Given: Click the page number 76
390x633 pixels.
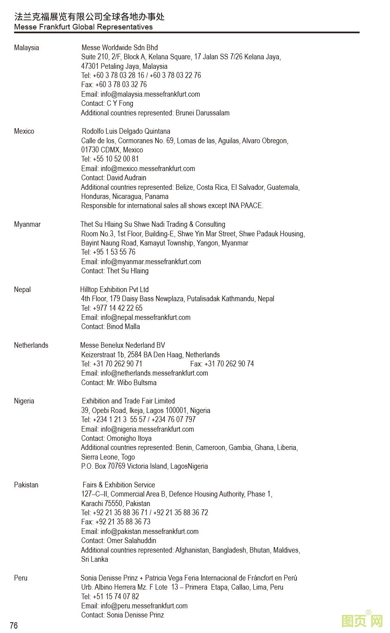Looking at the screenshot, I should pos(14,625).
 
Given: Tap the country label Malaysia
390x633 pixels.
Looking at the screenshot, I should pos(26,48).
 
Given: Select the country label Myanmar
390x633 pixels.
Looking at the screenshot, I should pos(27,224).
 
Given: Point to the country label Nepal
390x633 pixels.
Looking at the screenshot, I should pos(22,290).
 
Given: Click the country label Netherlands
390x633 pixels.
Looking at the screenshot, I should pos(31,345).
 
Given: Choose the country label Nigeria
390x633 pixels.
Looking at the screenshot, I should pos(24,401).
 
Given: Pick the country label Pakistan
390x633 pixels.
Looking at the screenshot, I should pos(26,485).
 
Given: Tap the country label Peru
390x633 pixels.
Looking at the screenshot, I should pos(21,578).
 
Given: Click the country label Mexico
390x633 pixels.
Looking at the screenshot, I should pos(24,131).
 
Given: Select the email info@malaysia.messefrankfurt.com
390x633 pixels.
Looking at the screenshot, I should pos(150,94).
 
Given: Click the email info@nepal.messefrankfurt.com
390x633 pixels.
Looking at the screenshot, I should pos(146,317).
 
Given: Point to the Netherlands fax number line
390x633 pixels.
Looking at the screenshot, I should pos(222,364).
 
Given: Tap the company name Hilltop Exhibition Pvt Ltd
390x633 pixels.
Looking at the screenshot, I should pos(114,290).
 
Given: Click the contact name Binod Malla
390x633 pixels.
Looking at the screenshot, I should pos(123,327).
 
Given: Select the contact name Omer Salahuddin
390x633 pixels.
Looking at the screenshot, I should pos(131,541).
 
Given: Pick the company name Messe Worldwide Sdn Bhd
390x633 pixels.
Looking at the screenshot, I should pos(119,48).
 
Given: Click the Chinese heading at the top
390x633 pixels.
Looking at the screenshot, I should pos(89,17).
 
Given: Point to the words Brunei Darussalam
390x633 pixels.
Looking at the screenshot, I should pos(203,113).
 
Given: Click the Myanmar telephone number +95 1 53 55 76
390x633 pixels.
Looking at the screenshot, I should pos(114,252).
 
